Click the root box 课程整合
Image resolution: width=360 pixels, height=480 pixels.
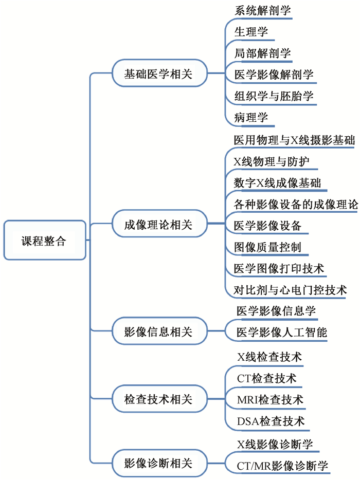45,241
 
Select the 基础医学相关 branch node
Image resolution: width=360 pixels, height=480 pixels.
159,73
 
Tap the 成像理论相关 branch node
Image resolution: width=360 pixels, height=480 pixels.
159,224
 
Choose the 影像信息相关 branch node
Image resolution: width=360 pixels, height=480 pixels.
159,331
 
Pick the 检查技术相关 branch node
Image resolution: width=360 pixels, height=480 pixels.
159,399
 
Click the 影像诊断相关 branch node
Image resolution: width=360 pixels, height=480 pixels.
159,463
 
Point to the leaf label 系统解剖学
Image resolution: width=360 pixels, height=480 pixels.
263,11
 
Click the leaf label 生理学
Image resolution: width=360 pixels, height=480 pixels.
251,32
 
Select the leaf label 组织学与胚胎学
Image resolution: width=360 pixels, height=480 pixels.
274,96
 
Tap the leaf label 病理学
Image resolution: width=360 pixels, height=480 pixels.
251,118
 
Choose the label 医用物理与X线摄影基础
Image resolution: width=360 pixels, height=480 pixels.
294,140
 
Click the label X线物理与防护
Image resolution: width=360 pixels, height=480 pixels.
272,162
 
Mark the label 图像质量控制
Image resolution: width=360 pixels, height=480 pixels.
267,247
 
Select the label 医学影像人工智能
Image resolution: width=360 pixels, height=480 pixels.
282,333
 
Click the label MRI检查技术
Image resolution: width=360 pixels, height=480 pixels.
270,400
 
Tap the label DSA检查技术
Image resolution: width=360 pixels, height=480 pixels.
271,421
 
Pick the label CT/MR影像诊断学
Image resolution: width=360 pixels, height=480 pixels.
282,466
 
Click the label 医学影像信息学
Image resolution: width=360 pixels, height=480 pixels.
276,311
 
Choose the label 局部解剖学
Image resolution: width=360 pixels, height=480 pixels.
263,53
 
